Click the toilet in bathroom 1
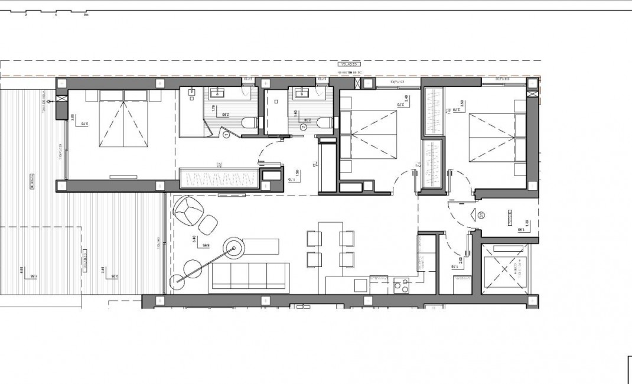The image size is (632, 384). point(249,123)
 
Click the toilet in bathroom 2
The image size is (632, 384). point(324,123)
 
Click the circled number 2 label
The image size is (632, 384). point(304,126)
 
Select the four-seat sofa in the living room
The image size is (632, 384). point(249,276)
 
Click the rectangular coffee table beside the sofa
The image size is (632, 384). point(260,245)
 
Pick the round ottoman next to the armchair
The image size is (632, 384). point(208,224)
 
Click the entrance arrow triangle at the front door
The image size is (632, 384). point(474,215)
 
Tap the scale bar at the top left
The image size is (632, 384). point(56,12)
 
